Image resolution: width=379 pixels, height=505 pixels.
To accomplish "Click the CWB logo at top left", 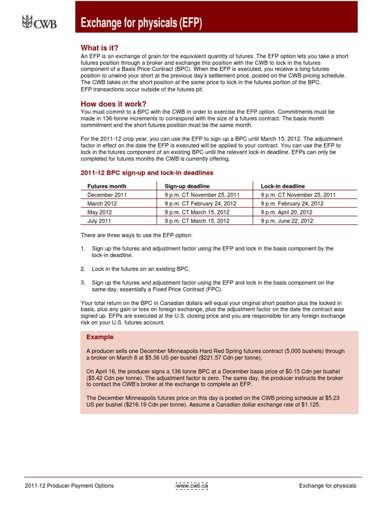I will click(39, 22).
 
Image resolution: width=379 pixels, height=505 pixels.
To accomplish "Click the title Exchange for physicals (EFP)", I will click(142, 23).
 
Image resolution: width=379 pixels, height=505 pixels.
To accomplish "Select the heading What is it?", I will click(100, 48).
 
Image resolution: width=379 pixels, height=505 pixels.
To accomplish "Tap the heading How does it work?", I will click(114, 104).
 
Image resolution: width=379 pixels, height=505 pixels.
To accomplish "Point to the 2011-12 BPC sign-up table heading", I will click(147, 173).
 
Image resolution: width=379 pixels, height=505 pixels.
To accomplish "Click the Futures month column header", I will click(107, 186).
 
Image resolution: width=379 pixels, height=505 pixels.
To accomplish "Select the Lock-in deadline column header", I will click(283, 186).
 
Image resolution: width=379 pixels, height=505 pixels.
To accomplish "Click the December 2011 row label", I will click(108, 195).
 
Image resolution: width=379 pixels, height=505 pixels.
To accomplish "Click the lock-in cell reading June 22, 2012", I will click(287, 221).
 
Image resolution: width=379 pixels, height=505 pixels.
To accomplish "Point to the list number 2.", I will click(83, 269).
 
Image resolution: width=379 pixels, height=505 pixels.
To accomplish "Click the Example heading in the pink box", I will click(100, 337).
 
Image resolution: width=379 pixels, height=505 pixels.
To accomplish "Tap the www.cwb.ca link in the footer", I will click(192, 486).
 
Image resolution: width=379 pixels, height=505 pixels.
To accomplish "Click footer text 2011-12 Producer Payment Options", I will click(69, 486).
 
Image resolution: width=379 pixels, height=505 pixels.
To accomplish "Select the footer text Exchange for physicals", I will click(327, 486).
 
